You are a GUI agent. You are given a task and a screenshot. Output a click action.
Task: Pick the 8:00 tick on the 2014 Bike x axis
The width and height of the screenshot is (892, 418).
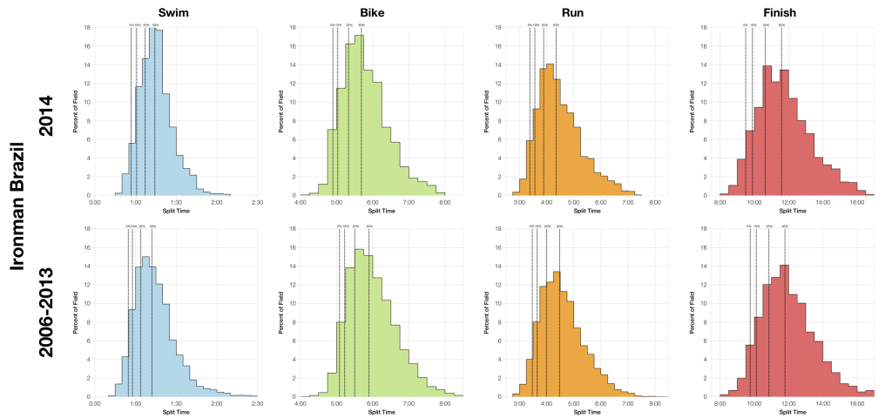pos(445,202)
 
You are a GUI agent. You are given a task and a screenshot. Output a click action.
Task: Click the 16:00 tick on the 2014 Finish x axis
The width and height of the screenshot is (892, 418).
pos(856,202)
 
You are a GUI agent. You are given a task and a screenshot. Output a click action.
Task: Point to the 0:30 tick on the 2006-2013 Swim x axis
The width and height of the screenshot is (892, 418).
pos(96,403)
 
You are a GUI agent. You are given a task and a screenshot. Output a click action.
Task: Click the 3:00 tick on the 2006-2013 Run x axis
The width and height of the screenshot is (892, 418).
pos(519,403)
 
